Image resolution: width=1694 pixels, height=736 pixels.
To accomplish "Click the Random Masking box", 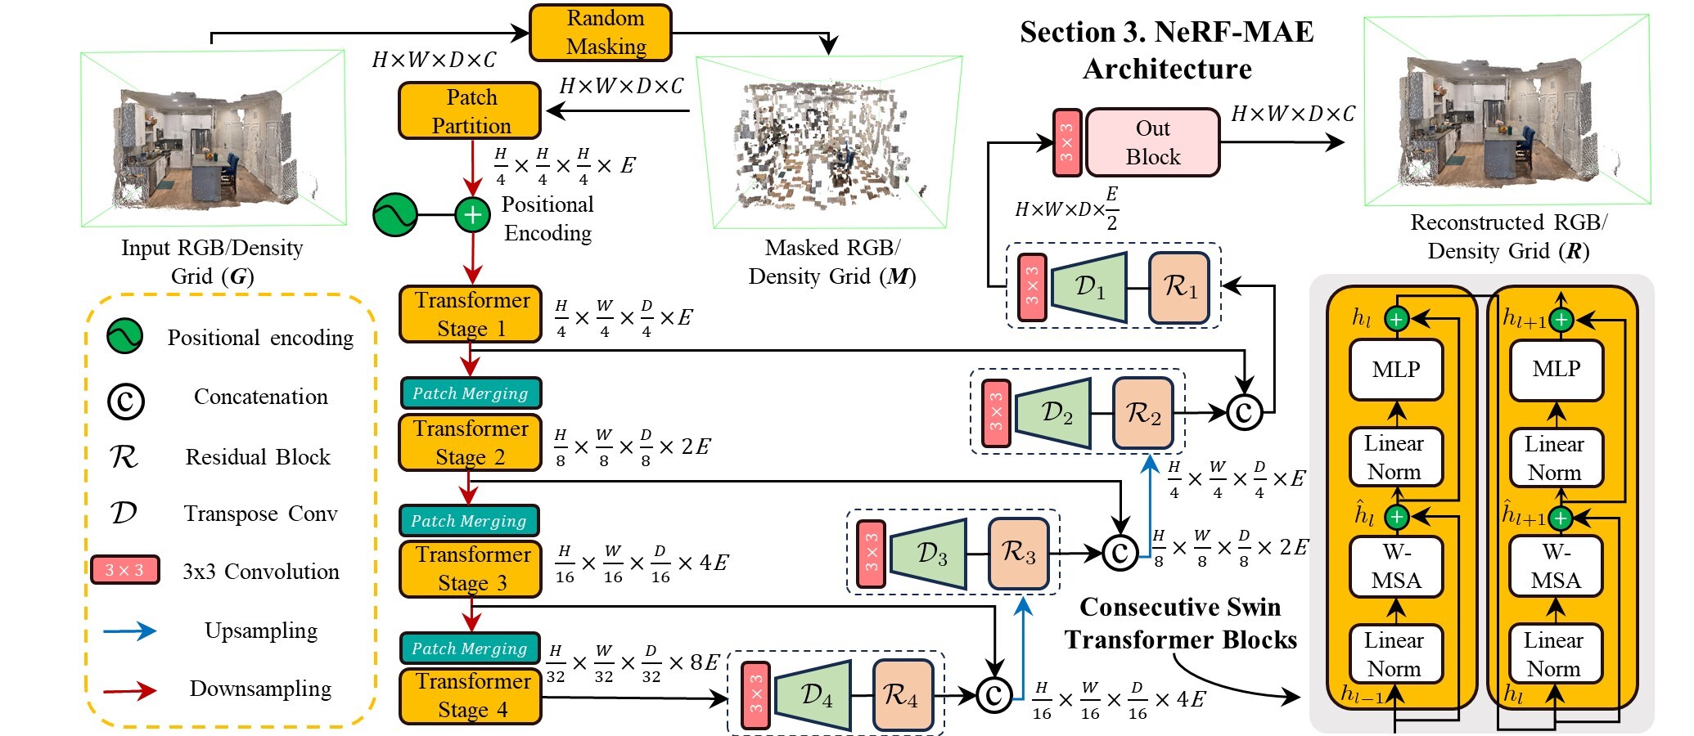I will point(601,33).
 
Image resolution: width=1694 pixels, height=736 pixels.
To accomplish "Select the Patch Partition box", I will point(470,111).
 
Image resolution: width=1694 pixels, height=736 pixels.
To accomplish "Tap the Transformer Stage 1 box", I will point(471,314).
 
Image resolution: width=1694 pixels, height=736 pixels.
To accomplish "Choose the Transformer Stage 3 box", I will point(471,569).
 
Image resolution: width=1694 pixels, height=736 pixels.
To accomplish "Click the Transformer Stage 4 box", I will point(471,696).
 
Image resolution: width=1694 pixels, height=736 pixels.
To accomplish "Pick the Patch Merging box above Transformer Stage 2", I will point(471,393).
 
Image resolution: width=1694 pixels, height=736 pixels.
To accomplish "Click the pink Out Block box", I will point(1152,143).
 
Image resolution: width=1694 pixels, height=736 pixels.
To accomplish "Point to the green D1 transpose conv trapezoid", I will point(1089,287).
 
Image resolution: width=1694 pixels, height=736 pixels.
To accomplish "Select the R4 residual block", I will point(903,696).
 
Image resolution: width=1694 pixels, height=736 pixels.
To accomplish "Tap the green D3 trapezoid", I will point(929,554).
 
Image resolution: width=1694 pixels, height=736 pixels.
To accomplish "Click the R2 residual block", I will point(1143,414).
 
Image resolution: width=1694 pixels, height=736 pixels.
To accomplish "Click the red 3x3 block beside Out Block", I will point(1067,143).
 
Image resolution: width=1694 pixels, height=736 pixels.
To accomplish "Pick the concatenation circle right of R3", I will point(1120,553).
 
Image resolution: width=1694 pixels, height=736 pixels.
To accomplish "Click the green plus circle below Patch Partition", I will point(472,215).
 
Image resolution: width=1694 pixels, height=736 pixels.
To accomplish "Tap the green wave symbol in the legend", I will point(124,336).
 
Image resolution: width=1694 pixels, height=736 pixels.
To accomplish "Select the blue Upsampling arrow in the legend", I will point(129,631).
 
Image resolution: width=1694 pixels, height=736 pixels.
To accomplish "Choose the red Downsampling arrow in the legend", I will point(129,691).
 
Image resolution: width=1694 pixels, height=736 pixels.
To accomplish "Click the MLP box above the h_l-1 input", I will point(1396,370).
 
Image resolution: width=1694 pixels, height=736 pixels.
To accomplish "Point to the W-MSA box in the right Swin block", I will point(1556,567).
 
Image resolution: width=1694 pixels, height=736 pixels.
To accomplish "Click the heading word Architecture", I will point(1167,70).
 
